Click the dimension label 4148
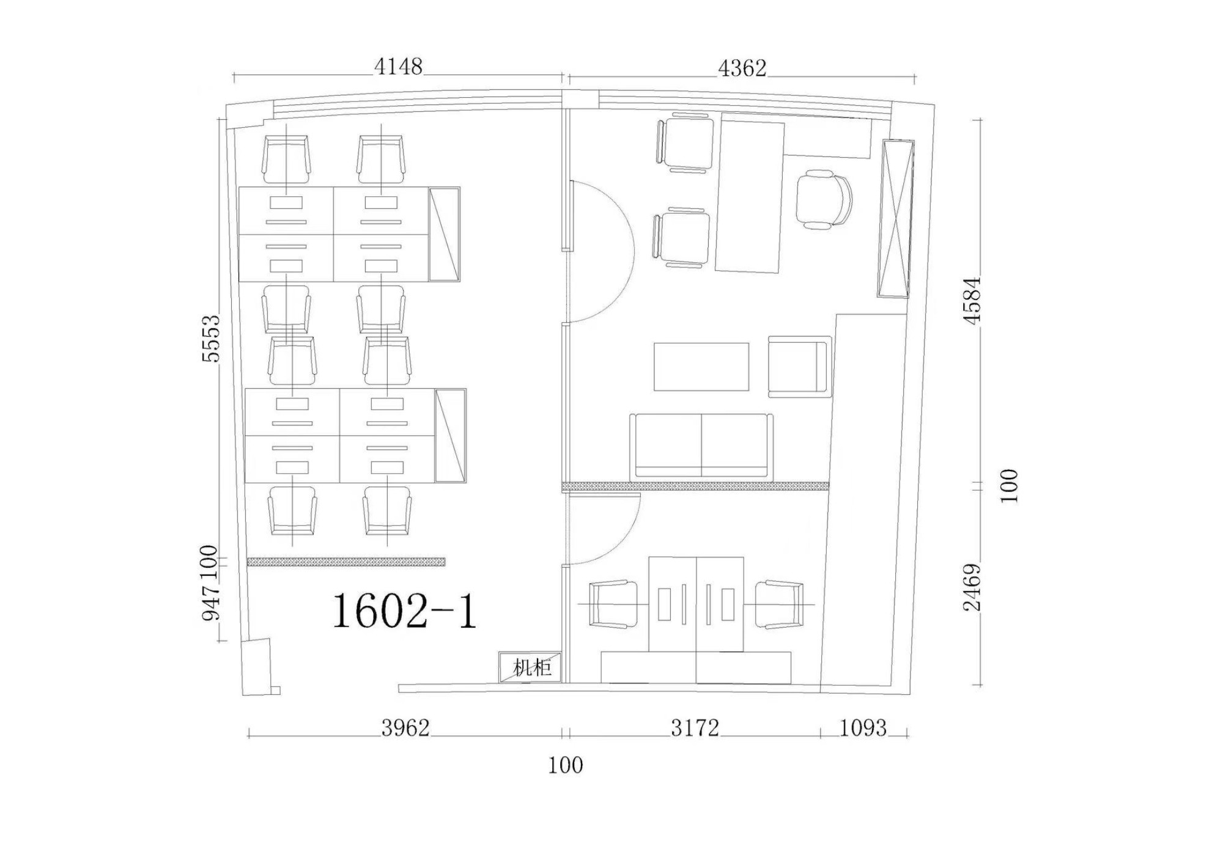(398, 66)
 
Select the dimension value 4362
(742, 68)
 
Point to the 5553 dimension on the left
(211, 339)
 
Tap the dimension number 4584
(972, 300)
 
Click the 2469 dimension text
(972, 587)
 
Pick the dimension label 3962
(405, 728)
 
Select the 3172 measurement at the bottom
(695, 728)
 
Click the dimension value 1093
(863, 728)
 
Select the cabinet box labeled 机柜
(530, 667)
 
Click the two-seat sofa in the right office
(701, 446)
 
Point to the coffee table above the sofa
(701, 367)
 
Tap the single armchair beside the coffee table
(800, 366)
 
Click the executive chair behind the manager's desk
(824, 200)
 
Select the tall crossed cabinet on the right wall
(896, 219)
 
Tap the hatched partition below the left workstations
(346, 562)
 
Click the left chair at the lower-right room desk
(613, 604)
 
